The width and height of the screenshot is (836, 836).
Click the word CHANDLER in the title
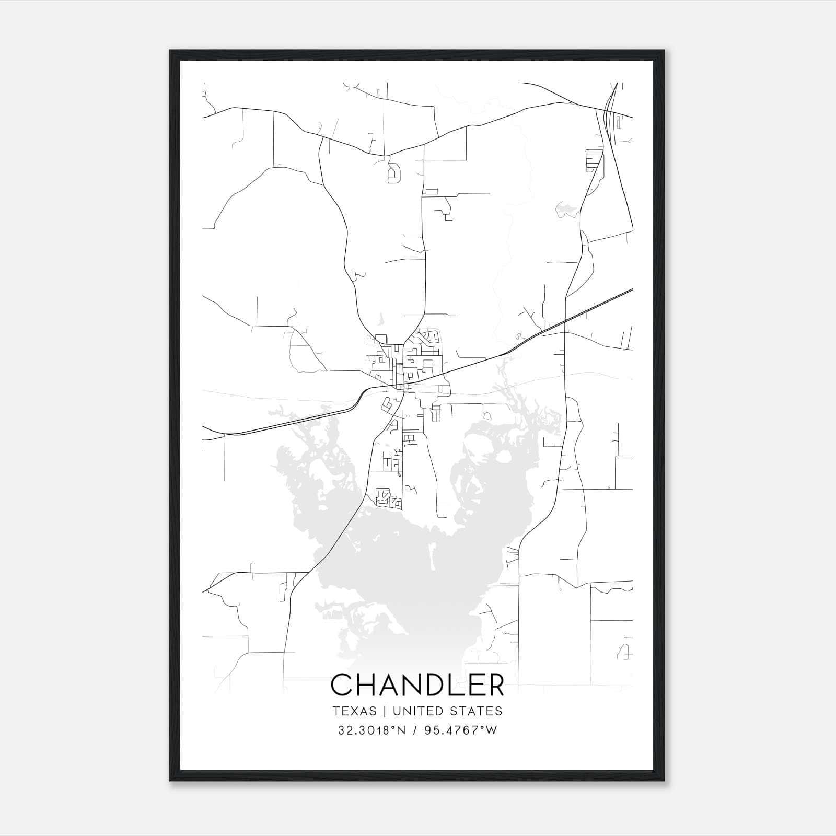click(417, 685)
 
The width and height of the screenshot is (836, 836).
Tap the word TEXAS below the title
click(354, 711)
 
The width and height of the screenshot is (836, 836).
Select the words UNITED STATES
click(447, 711)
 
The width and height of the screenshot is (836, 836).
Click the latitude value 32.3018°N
click(371, 730)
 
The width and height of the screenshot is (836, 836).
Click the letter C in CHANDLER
click(342, 685)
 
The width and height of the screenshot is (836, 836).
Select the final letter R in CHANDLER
click(495, 685)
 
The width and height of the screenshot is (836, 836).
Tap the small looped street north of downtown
click(394, 173)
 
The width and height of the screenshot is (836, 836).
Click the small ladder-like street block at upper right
click(594, 160)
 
